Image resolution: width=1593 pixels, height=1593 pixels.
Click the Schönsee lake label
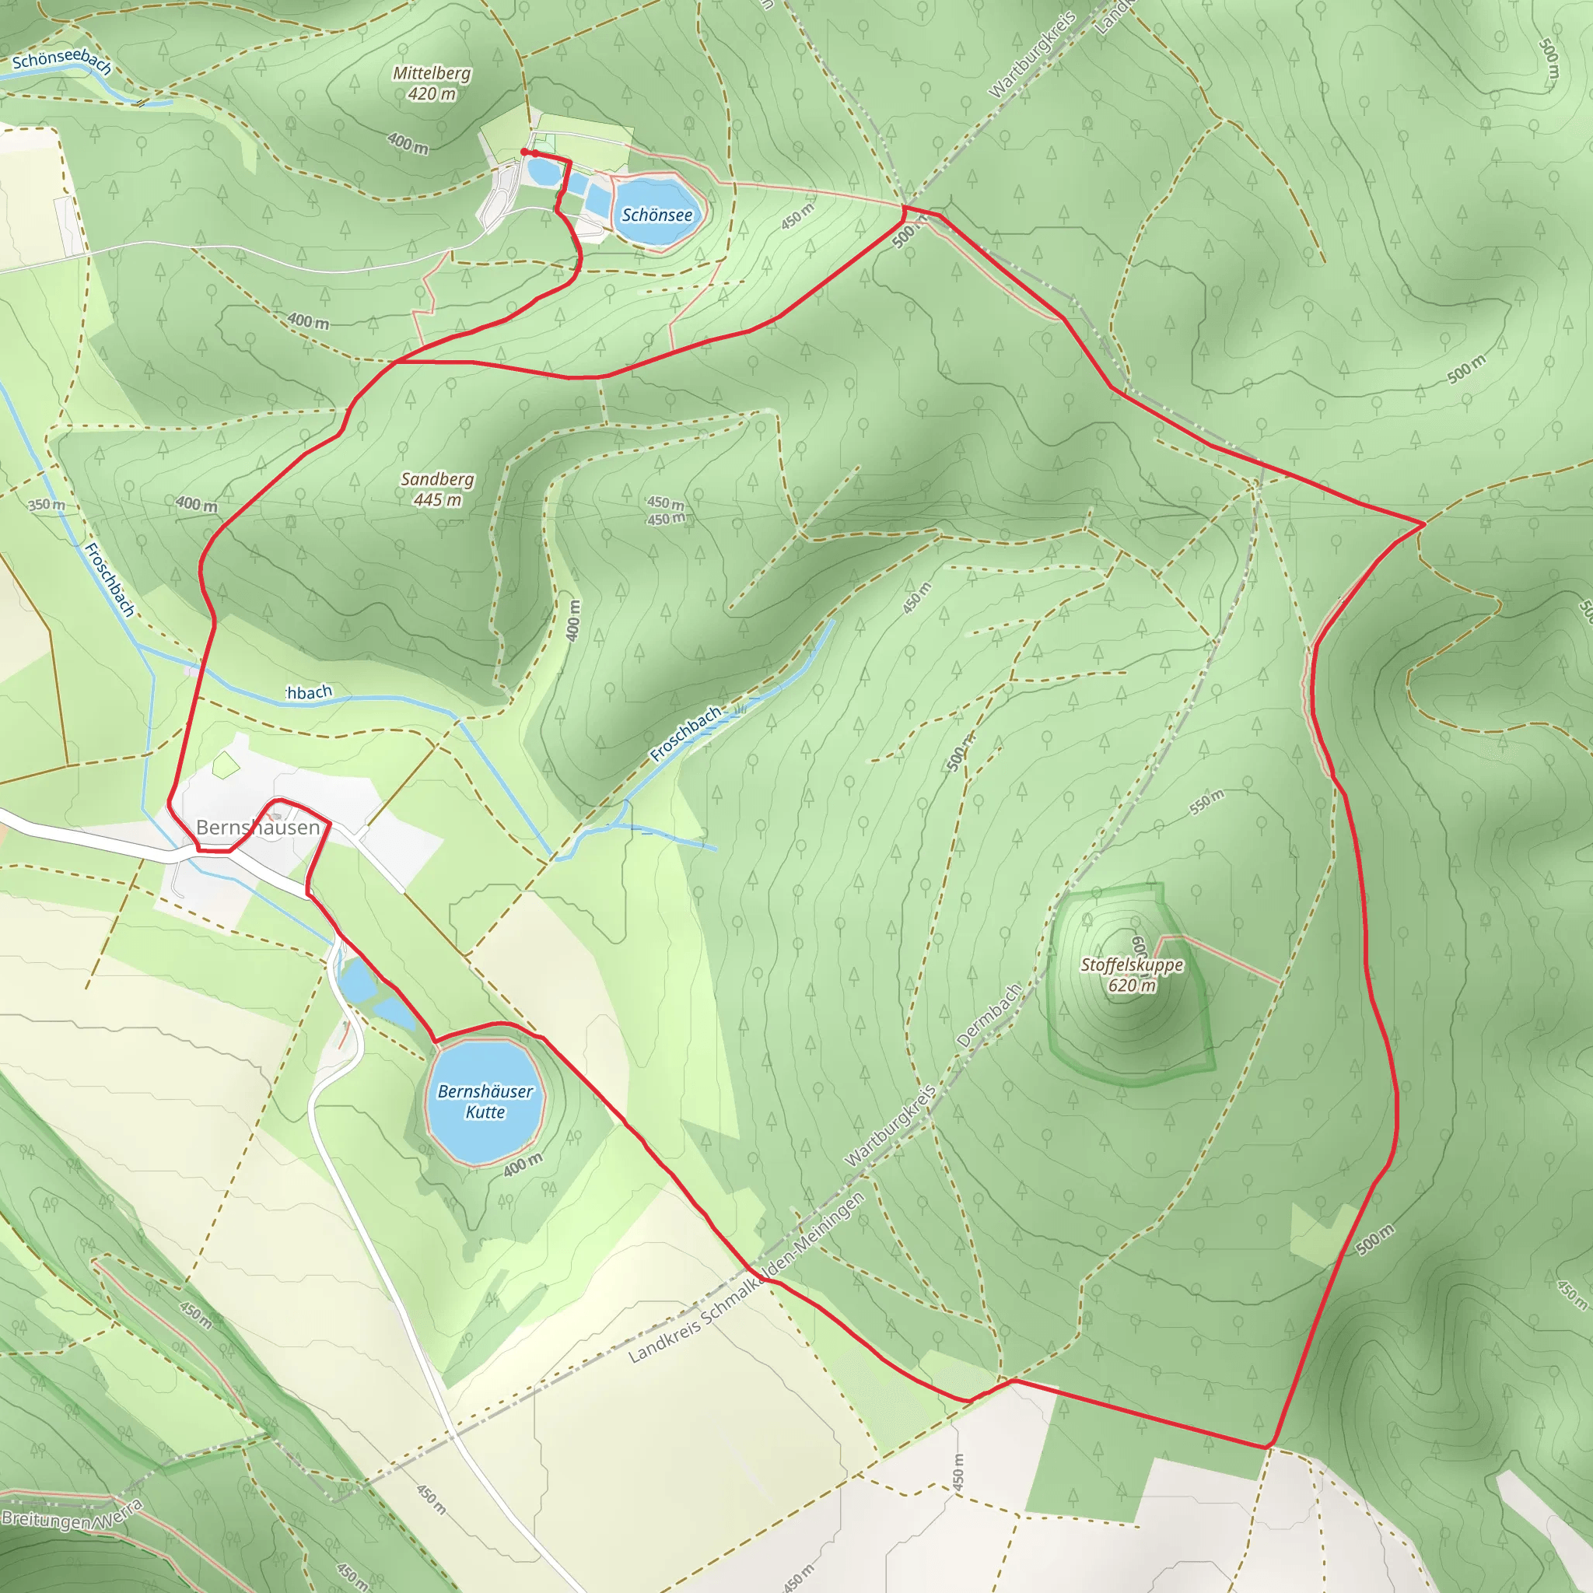point(657,215)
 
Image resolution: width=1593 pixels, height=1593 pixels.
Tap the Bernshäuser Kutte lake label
point(485,1101)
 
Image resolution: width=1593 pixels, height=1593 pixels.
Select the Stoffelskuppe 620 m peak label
point(1132,975)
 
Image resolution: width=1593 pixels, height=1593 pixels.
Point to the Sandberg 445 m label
point(437,489)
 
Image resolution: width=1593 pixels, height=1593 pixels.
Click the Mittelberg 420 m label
point(431,83)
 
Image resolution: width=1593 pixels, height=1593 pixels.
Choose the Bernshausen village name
point(257,827)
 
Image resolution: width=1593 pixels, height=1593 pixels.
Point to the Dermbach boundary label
point(989,1015)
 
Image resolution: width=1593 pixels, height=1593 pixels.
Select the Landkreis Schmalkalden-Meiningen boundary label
point(746,1278)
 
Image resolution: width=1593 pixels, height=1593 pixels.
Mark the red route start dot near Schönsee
point(524,152)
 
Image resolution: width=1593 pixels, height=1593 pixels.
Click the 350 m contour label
point(46,504)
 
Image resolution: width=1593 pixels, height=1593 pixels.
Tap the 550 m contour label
point(1206,801)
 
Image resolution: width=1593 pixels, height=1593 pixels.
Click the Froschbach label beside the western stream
point(109,579)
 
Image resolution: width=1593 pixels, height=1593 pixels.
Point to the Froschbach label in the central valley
point(685,733)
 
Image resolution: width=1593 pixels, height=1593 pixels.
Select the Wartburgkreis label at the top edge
point(1031,54)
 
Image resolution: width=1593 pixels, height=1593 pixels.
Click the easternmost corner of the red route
point(1424,523)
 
